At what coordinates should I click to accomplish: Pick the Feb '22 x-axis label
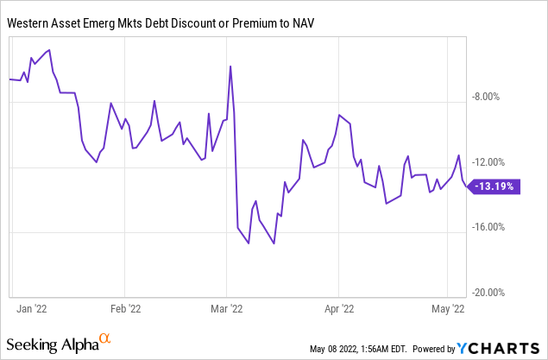coord(126,306)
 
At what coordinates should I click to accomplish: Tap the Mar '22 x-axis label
coord(225,306)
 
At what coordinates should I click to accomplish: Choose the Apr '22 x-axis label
coord(339,306)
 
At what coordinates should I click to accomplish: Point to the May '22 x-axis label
coord(446,306)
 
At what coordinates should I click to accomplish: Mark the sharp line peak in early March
coord(230,66)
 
